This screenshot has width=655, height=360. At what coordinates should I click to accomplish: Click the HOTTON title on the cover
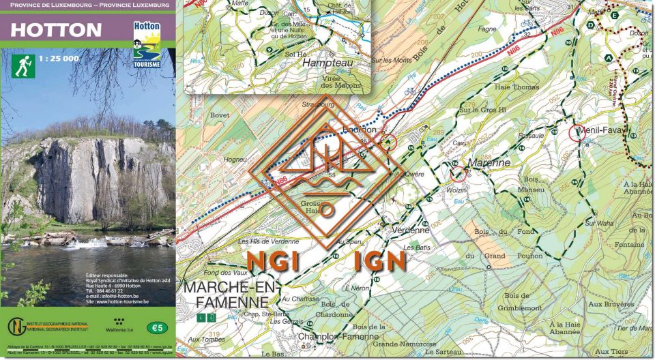point(56,31)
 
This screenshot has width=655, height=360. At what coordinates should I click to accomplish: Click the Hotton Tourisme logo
point(147,44)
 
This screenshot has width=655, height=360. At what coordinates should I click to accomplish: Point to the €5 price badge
point(158,328)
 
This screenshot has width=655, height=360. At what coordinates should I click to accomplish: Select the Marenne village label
point(489,163)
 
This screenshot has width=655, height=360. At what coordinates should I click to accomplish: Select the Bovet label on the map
point(220,116)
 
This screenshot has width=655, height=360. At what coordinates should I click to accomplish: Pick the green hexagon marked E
point(615,14)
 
